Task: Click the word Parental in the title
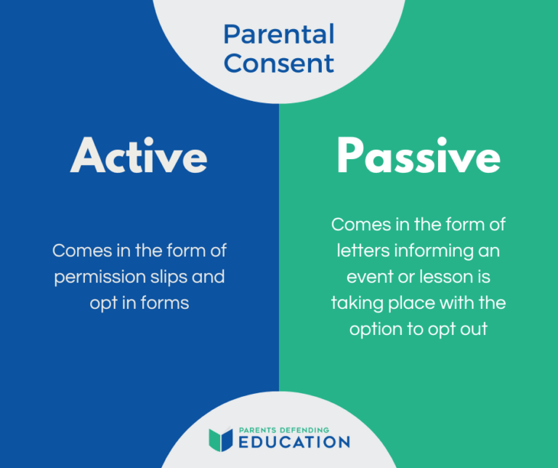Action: pos(279,34)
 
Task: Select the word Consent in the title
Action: pos(279,63)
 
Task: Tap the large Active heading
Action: pos(139,156)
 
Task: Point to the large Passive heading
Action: pos(418,156)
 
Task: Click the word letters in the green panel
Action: pos(360,251)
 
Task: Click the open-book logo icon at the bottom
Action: pos(220,438)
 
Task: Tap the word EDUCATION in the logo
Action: pos(294,442)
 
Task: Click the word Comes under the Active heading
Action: pos(78,251)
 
